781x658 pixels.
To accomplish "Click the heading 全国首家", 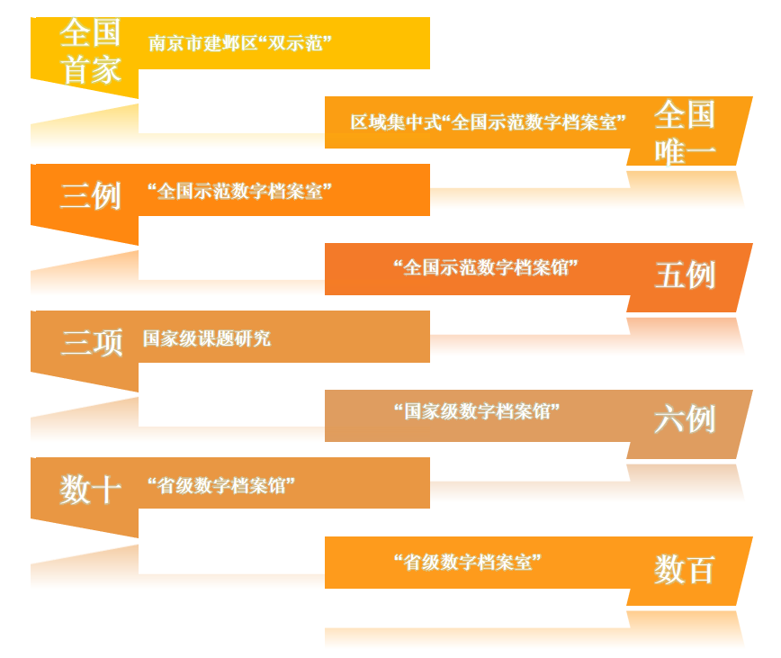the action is pos(91,51).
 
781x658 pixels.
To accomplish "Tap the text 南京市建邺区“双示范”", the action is pos(240,43).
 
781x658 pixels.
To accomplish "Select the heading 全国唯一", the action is pos(685,133).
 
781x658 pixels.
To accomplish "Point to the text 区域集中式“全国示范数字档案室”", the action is pos(488,122).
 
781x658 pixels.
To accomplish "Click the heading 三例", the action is pos(91,195).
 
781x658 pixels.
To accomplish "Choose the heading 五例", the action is pos(685,275).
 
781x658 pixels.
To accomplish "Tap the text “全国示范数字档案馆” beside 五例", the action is pos(486,268).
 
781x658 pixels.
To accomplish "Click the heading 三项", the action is pos(92,342).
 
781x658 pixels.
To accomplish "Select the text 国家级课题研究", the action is pos(207,338).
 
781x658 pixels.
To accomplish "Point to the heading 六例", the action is pos(685,419).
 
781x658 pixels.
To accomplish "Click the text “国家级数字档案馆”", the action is pos(477,411).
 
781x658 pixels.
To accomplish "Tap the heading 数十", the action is pos(91,489).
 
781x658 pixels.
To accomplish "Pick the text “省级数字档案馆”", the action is pos(221,485).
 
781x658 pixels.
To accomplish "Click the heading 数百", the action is pos(685,570).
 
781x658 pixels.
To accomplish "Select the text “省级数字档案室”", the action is pos(467,563).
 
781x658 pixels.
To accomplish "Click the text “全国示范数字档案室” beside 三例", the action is pos(239,191).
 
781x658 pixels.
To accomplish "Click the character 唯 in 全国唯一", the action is pos(669,151).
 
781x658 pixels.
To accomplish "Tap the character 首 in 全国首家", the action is pos(76,69).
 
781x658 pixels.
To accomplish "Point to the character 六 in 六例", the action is pos(669,419).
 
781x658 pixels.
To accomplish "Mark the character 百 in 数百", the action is pos(701,570).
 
